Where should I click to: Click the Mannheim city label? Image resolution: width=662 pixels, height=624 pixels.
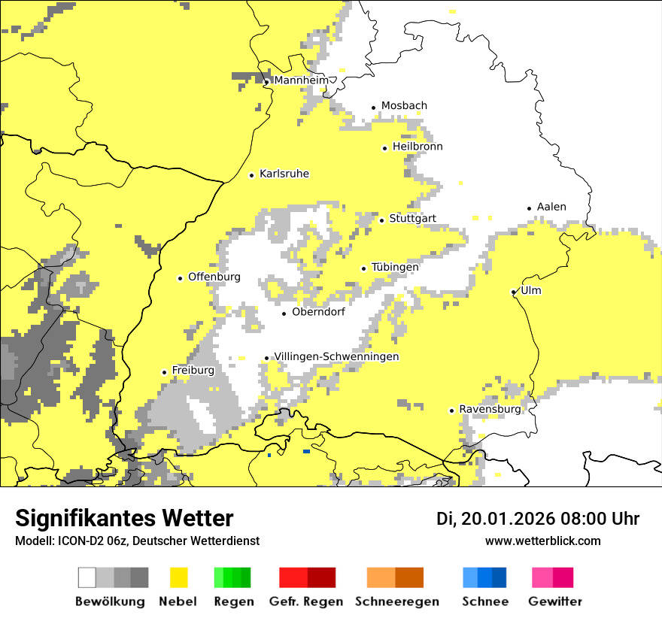point(302,80)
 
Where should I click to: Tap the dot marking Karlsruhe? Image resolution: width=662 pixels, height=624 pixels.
point(252,175)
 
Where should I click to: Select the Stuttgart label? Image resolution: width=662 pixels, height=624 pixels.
point(412,219)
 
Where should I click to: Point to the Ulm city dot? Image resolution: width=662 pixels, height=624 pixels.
point(513,292)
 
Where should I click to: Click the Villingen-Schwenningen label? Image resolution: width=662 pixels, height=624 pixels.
point(336,356)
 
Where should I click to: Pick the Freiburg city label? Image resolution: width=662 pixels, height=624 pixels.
point(193,371)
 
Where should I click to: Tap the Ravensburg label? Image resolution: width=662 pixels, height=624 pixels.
point(490,409)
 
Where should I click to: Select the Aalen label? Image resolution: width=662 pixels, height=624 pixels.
point(551,207)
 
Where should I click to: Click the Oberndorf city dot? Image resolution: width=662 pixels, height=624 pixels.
point(284,314)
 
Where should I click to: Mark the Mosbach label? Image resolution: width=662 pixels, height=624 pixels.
point(404,106)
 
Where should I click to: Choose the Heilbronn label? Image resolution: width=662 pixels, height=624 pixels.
point(418,147)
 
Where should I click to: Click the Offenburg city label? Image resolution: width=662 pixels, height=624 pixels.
point(214,277)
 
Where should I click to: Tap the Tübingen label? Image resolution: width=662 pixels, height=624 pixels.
point(395,267)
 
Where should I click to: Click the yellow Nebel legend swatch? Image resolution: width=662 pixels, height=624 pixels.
point(178,577)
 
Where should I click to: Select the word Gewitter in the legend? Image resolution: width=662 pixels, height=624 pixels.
point(555,601)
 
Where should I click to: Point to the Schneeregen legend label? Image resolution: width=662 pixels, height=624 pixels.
point(397,601)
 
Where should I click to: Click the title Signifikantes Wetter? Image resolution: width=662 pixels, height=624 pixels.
point(124,518)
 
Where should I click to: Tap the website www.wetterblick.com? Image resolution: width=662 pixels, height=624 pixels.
point(542,541)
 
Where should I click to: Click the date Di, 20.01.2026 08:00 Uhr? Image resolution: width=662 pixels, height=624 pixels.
point(538,519)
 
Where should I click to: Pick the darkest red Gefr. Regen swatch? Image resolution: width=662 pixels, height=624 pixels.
point(320,577)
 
